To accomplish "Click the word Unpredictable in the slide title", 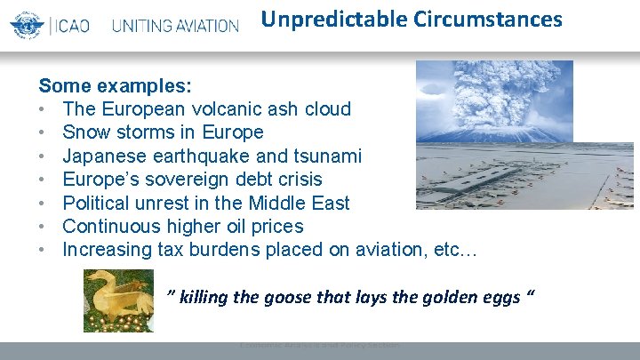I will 324,19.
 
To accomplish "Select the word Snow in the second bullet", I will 84,132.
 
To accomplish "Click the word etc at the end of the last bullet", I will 449,250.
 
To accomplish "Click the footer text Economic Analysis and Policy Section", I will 319,345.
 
